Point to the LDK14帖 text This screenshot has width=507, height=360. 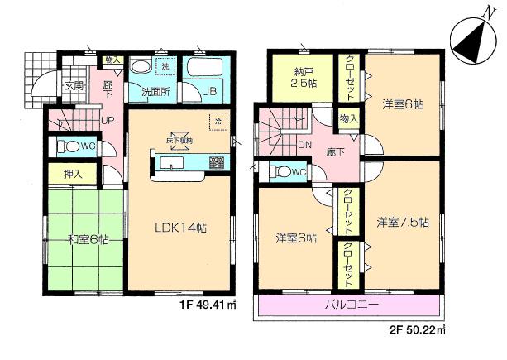(x=179, y=225)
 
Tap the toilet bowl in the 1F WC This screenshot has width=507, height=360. (x=69, y=147)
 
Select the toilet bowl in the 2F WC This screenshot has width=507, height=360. (x=280, y=171)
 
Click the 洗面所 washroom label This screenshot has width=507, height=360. (x=155, y=92)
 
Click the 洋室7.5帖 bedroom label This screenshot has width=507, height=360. (x=403, y=222)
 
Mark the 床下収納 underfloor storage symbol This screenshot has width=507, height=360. (x=180, y=140)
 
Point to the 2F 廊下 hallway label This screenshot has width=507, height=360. (x=332, y=154)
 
